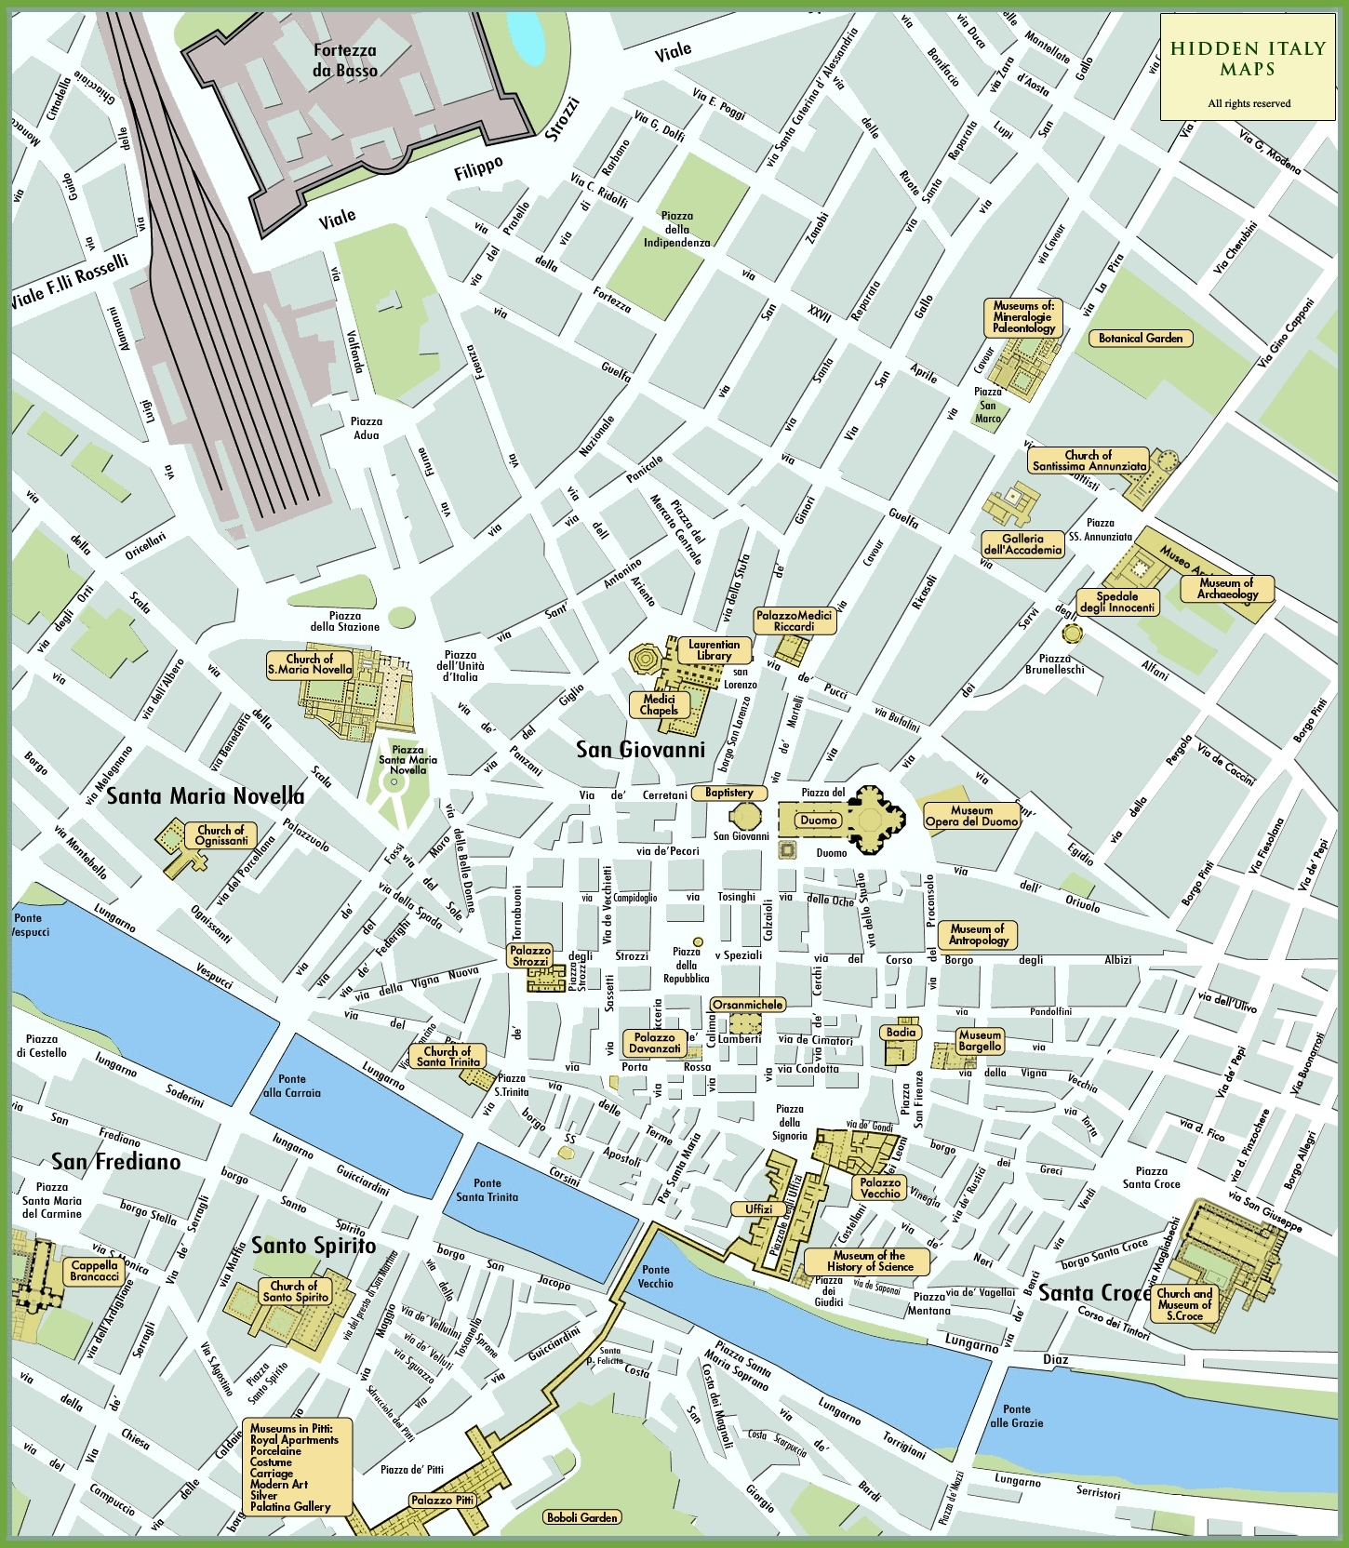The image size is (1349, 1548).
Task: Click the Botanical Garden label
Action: (x=1140, y=339)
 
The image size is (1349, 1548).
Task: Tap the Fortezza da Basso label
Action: (x=345, y=60)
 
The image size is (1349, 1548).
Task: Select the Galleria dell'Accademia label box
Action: (x=1022, y=544)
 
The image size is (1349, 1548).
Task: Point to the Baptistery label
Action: (x=729, y=793)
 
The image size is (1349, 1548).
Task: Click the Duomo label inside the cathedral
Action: (x=819, y=820)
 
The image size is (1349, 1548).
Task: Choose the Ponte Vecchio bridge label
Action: (x=655, y=1275)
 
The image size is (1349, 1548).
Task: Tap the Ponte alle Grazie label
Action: (x=1016, y=1416)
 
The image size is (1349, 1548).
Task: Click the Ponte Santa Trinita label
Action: (x=487, y=1190)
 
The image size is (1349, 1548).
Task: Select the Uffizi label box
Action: (x=759, y=1209)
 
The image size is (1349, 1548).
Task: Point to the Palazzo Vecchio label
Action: (x=880, y=1188)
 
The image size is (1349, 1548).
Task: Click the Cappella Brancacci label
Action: (x=94, y=1271)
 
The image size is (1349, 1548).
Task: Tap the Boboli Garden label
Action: (x=582, y=1517)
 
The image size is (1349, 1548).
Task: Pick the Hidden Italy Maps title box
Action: (x=1248, y=67)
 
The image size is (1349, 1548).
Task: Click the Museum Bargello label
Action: (x=980, y=1040)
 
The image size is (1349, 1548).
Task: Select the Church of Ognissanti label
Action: (x=220, y=835)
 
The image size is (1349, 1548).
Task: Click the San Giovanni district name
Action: (x=640, y=749)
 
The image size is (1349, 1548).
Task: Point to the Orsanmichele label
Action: (x=747, y=1005)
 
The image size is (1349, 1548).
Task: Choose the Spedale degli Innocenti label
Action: (x=1116, y=602)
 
